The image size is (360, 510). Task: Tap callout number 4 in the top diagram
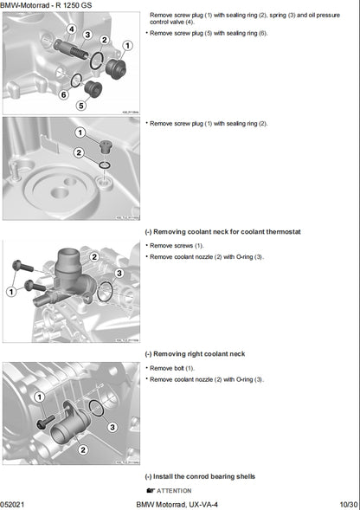pos(70,29)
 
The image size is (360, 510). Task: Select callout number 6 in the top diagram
pos(63,94)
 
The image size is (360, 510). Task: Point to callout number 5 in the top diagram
pos(80,106)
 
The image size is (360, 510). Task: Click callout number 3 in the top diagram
pos(87,35)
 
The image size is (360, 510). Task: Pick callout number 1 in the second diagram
pos(80,132)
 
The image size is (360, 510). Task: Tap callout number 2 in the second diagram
pos(79,153)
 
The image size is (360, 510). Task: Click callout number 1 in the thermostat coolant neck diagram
pos(12,292)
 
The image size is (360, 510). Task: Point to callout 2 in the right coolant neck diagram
pos(82,449)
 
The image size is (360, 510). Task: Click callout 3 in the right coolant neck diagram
pos(112,426)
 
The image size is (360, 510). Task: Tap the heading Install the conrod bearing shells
pos(203,476)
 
